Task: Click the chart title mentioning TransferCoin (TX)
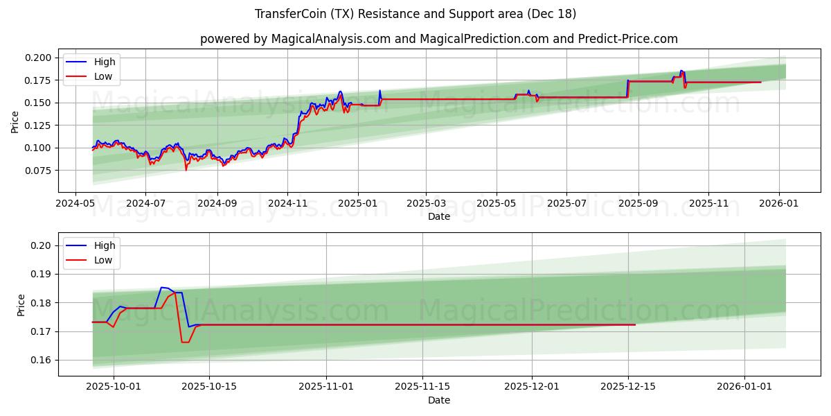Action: (x=415, y=14)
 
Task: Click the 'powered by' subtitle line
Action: (x=439, y=39)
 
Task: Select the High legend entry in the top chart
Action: (x=105, y=62)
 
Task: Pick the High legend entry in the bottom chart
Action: (x=105, y=245)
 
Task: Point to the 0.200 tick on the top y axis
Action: (x=39, y=58)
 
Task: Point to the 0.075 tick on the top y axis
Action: (x=39, y=171)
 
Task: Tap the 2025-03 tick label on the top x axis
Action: (x=425, y=204)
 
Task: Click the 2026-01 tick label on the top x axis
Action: (x=779, y=204)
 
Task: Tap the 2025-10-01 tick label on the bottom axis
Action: (x=113, y=387)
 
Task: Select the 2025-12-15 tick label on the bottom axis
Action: (x=627, y=387)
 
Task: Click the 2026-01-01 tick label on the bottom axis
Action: (x=744, y=387)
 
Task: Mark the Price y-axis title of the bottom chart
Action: (x=21, y=305)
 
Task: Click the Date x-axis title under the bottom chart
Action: (x=439, y=400)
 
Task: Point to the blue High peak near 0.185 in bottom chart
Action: (x=162, y=287)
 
